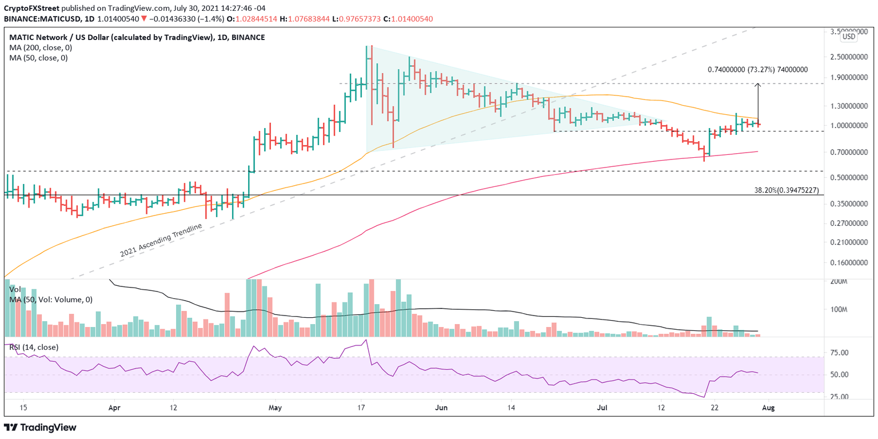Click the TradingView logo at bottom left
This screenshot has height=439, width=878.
pyautogui.click(x=40, y=428)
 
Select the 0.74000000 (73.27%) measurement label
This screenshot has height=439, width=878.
pyautogui.click(x=757, y=70)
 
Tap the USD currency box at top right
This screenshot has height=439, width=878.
pyautogui.click(x=849, y=37)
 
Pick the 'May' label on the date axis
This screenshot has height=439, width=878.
pyautogui.click(x=276, y=408)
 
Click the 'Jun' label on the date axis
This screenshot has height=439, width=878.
pyautogui.click(x=441, y=408)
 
